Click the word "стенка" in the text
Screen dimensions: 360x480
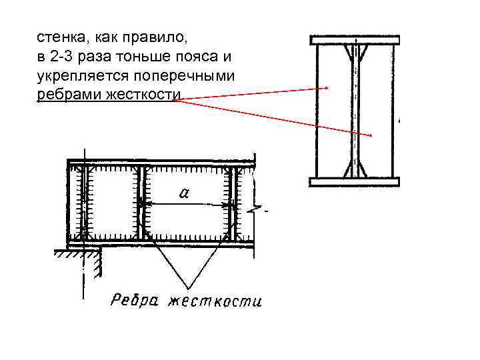[x=59, y=35]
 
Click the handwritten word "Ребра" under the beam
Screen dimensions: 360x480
[x=134, y=300]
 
